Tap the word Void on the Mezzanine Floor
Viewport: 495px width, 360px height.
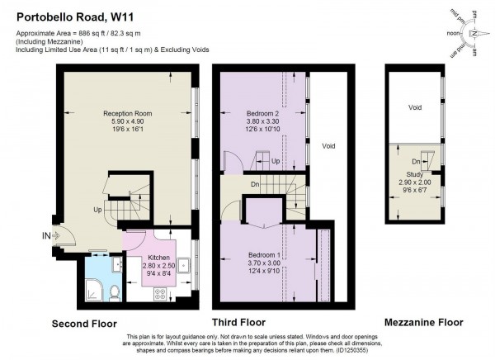pyautogui.click(x=416, y=108)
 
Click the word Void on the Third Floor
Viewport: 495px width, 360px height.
pyautogui.click(x=328, y=146)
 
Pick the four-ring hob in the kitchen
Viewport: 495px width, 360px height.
pyautogui.click(x=158, y=291)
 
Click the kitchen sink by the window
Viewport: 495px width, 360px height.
pyautogui.click(x=185, y=264)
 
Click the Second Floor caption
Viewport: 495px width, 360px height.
pyautogui.click(x=84, y=323)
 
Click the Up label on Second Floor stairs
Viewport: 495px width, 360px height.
pyautogui.click(x=98, y=210)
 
